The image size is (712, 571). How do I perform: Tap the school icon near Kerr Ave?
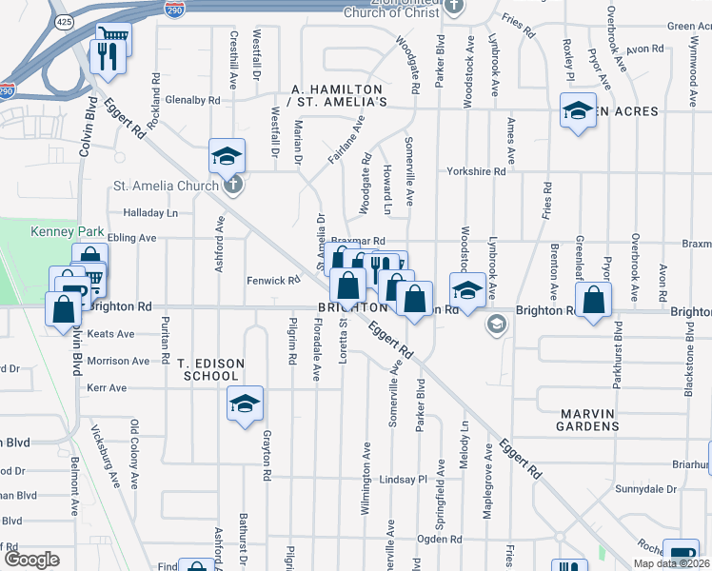pyautogui.click(x=245, y=404)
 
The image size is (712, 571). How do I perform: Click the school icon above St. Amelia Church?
pyautogui.click(x=227, y=155)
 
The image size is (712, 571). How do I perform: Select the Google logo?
pyautogui.click(x=32, y=560)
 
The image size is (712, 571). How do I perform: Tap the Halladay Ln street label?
pyautogui.click(x=150, y=213)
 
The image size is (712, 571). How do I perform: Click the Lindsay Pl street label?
pyautogui.click(x=404, y=480)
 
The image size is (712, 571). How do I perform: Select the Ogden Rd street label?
pyautogui.click(x=439, y=540)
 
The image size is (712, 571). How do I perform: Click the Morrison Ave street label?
pyautogui.click(x=118, y=362)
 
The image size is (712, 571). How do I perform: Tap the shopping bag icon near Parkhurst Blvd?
pyautogui.click(x=593, y=301)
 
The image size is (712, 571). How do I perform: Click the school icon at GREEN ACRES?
pyautogui.click(x=578, y=110)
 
